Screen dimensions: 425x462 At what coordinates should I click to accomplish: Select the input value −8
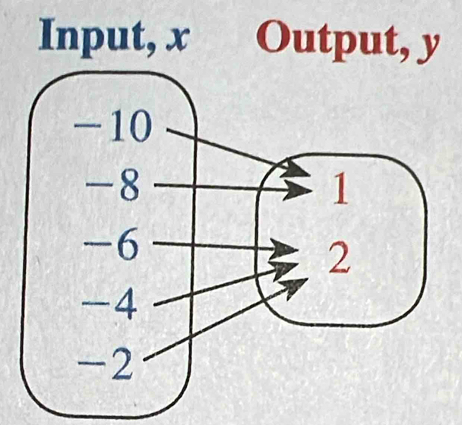[x=114, y=186]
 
